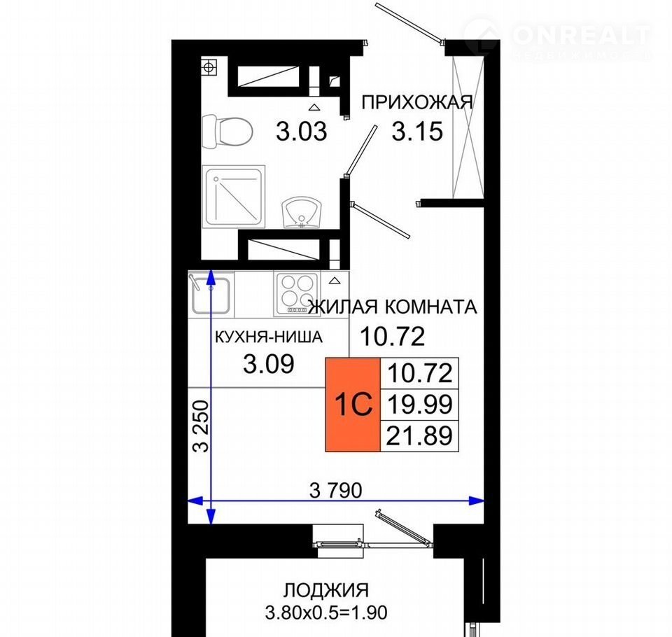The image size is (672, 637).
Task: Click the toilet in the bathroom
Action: pos(226,132)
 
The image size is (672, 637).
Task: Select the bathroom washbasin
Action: pos(301,213)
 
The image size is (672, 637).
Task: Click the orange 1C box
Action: pos(353,404)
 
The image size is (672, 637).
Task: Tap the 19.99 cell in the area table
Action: pos(419,404)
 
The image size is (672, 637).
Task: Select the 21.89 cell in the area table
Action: pos(419,435)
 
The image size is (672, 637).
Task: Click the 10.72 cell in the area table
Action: pos(419,373)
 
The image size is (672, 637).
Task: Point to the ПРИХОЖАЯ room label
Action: pos(417,103)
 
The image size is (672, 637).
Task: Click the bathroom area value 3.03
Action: pos(301,131)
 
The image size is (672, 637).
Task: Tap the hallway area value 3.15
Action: pos(417,131)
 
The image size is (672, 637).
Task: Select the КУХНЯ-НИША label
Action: pos(268,337)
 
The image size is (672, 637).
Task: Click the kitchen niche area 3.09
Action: pos(268,364)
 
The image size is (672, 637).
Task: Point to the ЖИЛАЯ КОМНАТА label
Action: pos(393,307)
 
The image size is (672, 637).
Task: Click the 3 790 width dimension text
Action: pos(335,490)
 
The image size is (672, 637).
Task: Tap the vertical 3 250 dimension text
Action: pos(201,426)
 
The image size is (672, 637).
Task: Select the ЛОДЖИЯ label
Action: pos(325,590)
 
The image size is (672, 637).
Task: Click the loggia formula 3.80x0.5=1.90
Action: pos(326,612)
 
